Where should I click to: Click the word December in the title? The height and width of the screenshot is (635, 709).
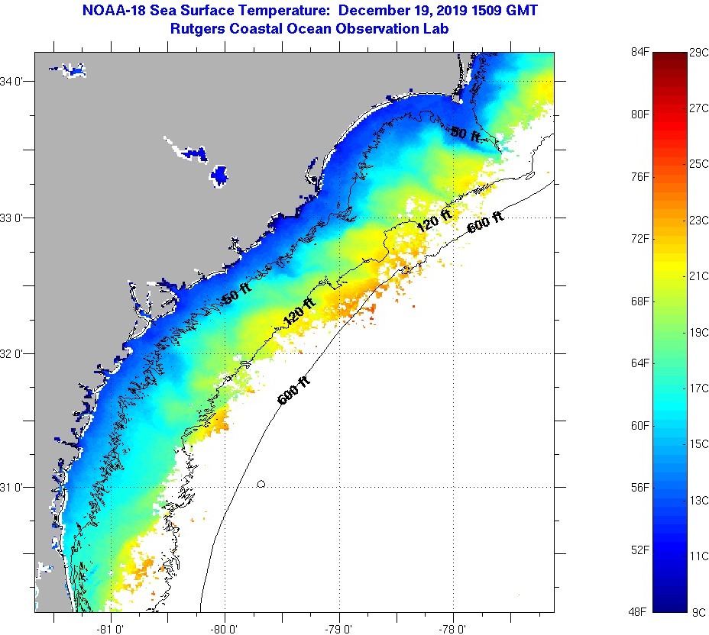point(371,11)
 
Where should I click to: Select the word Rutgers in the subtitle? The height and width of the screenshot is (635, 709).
point(200,28)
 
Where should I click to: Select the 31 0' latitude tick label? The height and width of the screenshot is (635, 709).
point(17,487)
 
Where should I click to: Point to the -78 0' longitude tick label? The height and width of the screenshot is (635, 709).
point(452,627)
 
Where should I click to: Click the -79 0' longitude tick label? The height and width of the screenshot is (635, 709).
point(338,627)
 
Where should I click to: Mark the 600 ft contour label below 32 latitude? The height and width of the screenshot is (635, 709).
point(295,389)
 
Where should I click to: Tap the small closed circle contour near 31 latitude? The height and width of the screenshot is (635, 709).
point(261,484)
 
